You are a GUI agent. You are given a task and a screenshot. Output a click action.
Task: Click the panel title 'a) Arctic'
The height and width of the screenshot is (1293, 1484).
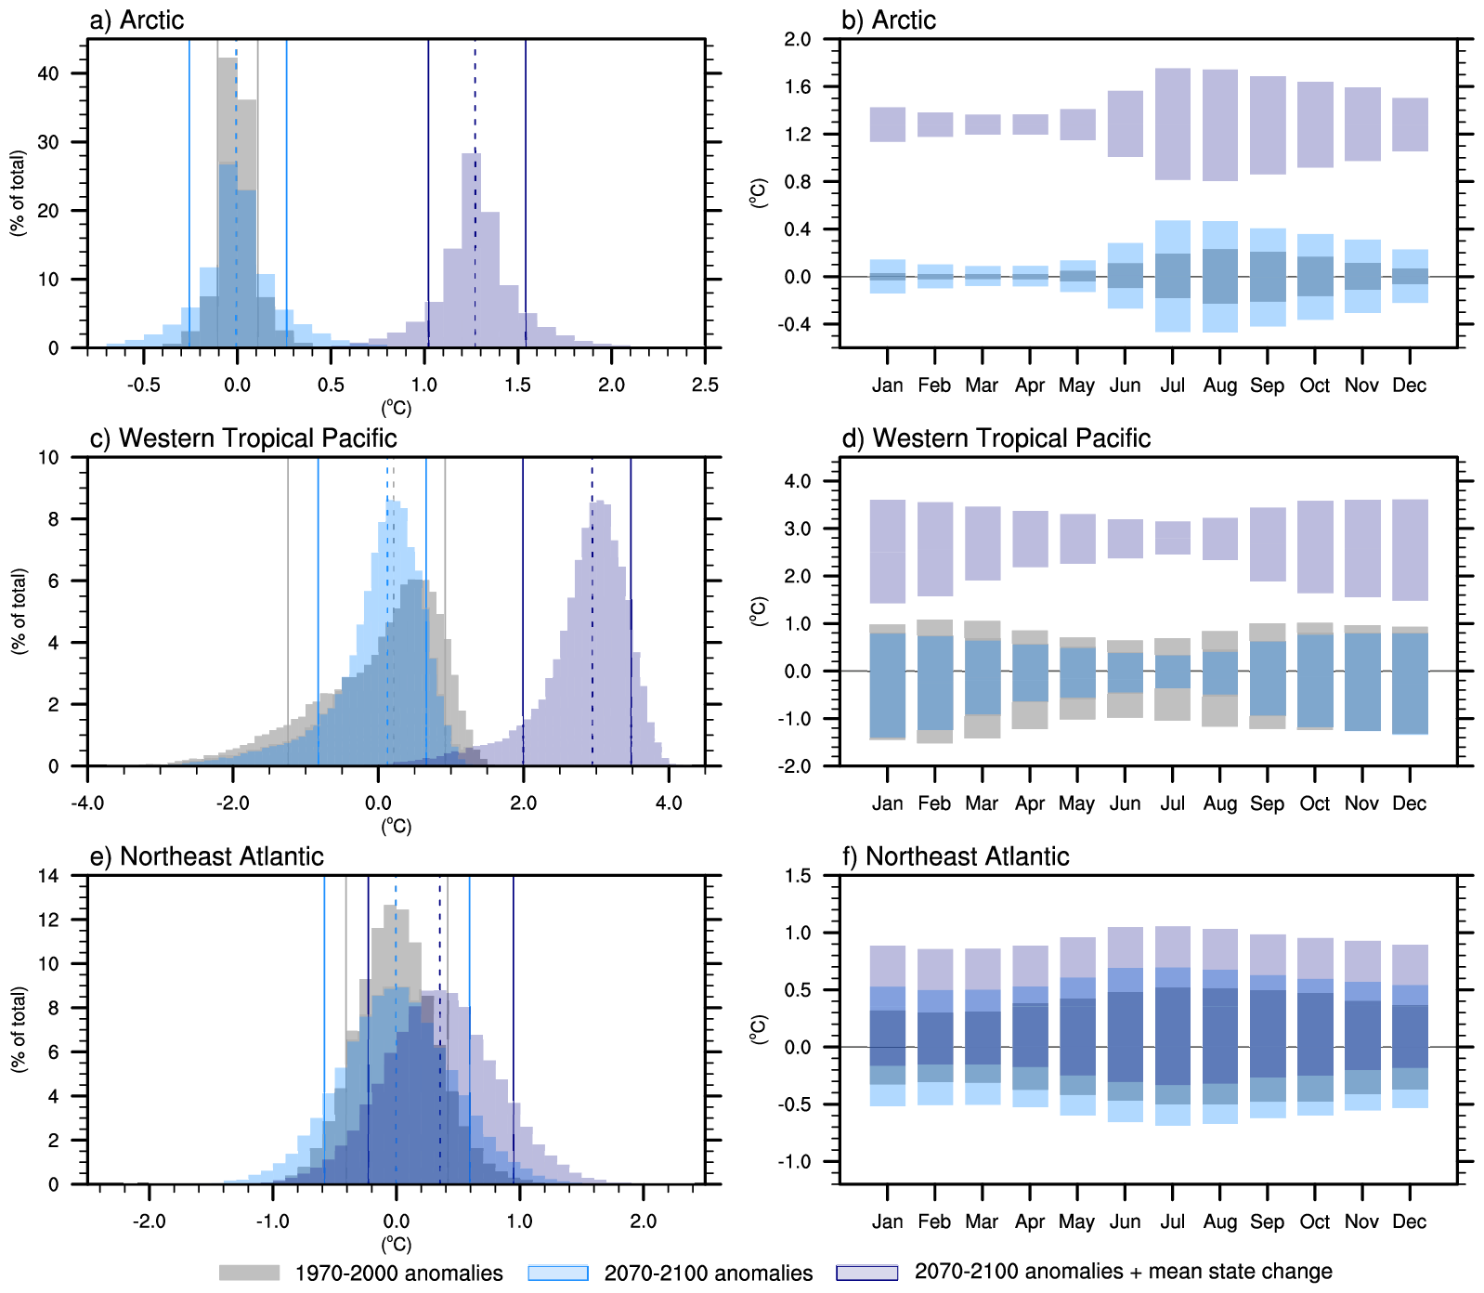(x=137, y=20)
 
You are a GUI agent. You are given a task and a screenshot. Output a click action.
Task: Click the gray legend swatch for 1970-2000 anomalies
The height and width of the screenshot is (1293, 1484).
(x=249, y=1273)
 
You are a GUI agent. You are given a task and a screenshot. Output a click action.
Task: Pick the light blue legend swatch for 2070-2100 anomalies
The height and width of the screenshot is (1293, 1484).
(x=558, y=1273)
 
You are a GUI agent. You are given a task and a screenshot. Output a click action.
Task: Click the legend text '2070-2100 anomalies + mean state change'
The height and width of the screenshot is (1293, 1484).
(x=1123, y=1272)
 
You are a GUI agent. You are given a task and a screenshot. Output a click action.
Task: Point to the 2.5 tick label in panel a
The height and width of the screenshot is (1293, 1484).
(x=705, y=385)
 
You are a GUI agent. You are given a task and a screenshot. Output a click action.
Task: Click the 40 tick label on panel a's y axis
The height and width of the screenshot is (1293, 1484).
(x=48, y=73)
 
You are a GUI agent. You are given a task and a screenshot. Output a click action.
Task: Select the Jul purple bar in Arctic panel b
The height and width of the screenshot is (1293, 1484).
(x=1173, y=124)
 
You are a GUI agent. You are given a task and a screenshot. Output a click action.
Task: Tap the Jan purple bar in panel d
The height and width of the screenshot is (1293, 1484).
(x=888, y=552)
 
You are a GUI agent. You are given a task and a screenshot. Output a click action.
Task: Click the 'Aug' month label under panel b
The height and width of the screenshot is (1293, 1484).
(x=1220, y=385)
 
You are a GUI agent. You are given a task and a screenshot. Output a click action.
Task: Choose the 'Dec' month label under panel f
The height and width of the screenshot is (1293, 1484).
(x=1409, y=1221)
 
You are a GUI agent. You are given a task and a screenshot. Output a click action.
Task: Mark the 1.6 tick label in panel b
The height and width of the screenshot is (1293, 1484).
(x=798, y=87)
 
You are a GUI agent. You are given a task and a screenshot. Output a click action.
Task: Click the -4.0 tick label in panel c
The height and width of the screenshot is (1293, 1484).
(x=87, y=803)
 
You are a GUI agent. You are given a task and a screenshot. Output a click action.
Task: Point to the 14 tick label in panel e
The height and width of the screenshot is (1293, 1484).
(x=48, y=876)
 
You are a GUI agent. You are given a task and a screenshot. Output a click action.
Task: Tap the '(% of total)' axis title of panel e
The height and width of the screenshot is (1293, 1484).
(x=19, y=1029)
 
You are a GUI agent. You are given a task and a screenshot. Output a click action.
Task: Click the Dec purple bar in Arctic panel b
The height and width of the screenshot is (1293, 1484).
(x=1411, y=124)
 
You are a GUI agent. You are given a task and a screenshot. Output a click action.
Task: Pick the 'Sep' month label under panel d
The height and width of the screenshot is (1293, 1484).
(x=1267, y=803)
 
